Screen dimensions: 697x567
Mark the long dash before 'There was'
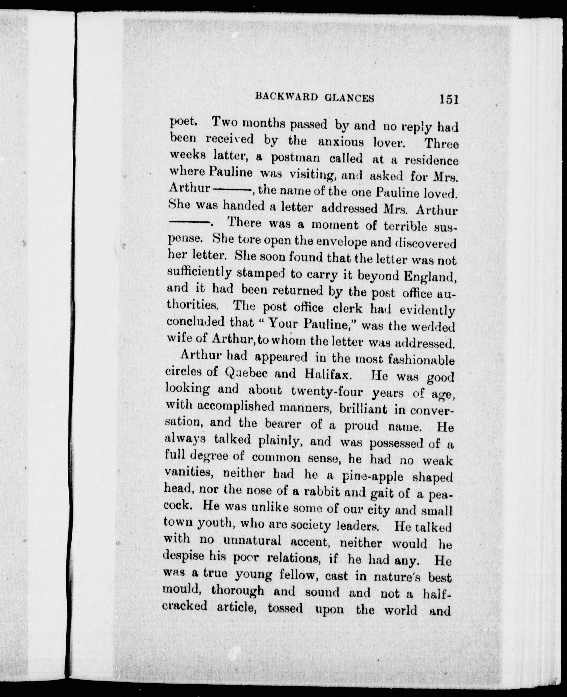(189, 222)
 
